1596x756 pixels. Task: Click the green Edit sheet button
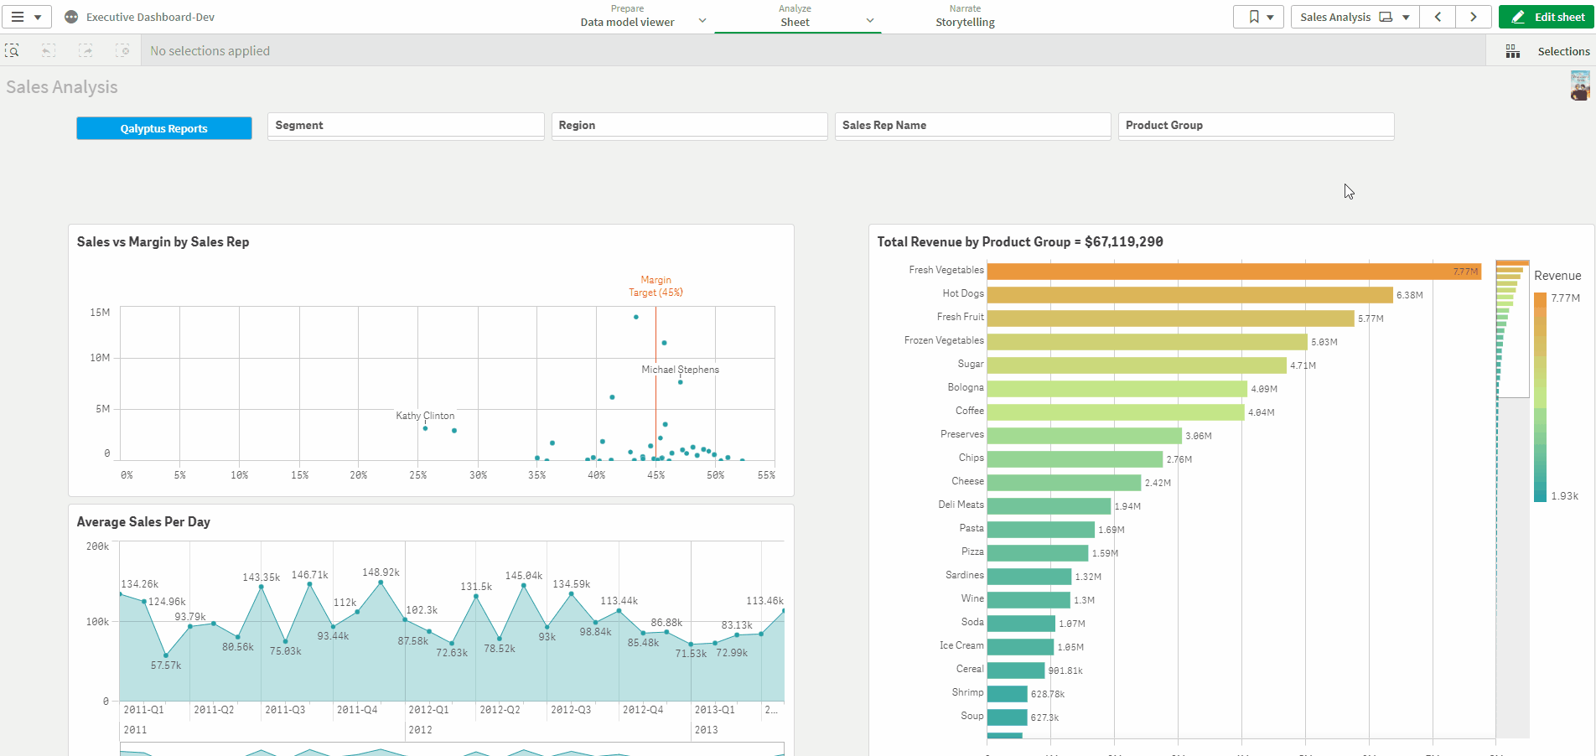pos(1546,17)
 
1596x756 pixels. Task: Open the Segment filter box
pos(405,125)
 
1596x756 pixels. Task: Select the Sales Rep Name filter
pos(972,125)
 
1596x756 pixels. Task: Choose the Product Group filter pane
pos(1255,125)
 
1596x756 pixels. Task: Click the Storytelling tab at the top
pos(965,17)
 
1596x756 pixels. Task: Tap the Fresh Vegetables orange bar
pos(1232,272)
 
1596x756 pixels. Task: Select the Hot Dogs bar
pos(1189,295)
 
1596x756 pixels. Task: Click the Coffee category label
pos(969,411)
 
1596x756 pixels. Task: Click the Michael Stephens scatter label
pos(680,370)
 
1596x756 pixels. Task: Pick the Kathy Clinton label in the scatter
pos(425,416)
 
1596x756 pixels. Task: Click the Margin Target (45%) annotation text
pos(655,287)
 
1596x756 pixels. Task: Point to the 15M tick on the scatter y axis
pos(100,313)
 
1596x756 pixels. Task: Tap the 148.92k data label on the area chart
pos(381,572)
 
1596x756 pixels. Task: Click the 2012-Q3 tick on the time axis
pos(571,710)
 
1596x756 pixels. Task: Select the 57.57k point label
pos(166,665)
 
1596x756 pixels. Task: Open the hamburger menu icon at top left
pos(26,17)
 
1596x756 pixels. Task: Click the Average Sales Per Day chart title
pos(143,522)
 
